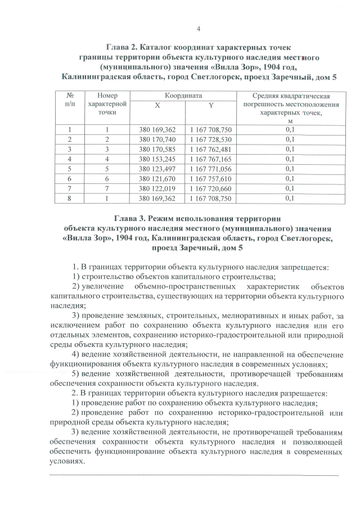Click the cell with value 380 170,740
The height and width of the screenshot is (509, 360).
pyautogui.click(x=157, y=139)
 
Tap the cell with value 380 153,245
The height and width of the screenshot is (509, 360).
pyautogui.click(x=157, y=159)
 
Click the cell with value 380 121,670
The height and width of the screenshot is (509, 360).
pyautogui.click(x=157, y=178)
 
